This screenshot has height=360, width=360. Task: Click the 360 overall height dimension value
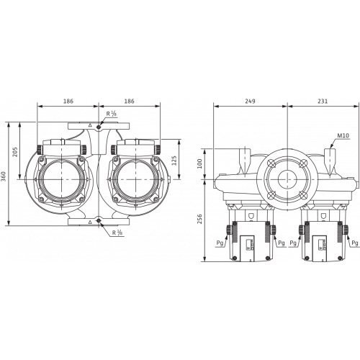point(4,174)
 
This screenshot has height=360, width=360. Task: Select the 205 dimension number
point(15,152)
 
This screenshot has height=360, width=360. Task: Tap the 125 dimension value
point(174,161)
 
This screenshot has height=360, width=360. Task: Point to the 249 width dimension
point(250,102)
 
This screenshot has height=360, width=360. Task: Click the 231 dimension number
point(323,102)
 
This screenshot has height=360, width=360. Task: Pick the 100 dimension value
point(199,163)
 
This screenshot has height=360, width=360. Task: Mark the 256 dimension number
point(199,219)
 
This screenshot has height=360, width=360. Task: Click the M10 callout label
point(343,136)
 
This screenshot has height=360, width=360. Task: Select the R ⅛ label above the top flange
point(112,114)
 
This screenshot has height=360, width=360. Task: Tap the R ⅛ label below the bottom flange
point(117,233)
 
